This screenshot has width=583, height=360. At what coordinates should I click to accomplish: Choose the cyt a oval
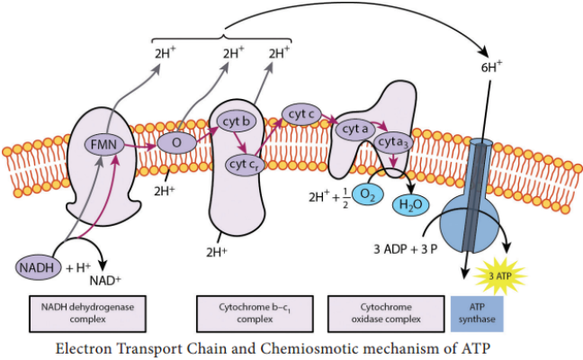[354, 130]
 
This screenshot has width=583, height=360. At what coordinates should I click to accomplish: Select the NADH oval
[37, 265]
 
